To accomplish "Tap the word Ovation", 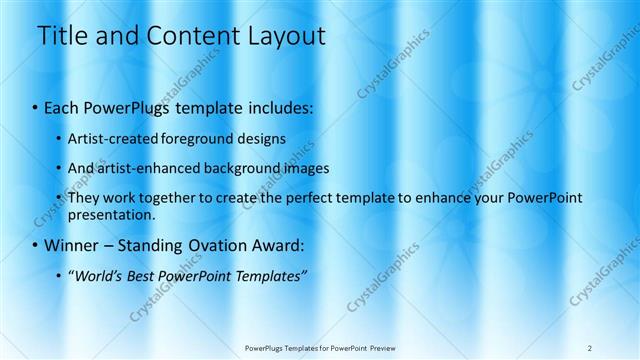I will pos(214,245).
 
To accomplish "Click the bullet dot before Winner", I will pos(36,245).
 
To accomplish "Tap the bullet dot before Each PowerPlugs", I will pos(36,106).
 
